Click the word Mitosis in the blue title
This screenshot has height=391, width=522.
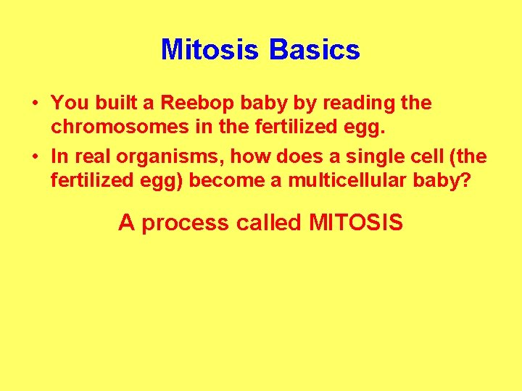[x=210, y=50]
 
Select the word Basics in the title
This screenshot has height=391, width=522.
[x=314, y=50]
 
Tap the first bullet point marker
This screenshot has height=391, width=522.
[x=36, y=104]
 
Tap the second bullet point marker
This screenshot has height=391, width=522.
[x=36, y=157]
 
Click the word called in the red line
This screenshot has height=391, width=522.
[x=268, y=222]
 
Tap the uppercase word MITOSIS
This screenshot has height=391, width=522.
[x=355, y=222]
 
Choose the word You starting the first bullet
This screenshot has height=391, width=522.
[x=67, y=104]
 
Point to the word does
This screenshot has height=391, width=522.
[x=291, y=156]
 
